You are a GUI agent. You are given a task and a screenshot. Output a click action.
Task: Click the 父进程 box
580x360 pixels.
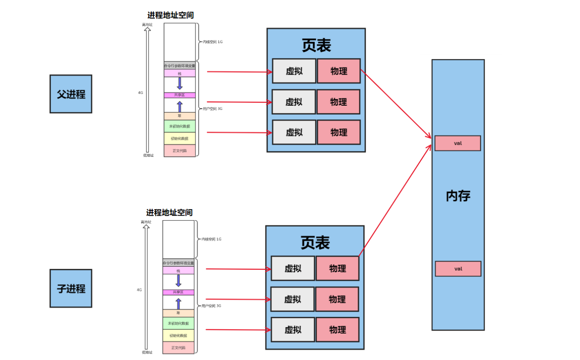[x=71, y=94]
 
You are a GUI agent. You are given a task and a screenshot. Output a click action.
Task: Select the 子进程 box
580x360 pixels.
[x=71, y=288]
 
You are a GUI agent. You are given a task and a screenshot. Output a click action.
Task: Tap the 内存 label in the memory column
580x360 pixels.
[x=458, y=196]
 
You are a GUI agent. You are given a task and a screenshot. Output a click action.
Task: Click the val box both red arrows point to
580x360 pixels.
[x=458, y=143]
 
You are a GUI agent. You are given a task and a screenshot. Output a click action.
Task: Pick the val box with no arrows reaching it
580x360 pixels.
[x=458, y=269]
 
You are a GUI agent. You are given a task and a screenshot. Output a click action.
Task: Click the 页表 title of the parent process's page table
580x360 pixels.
[x=316, y=46]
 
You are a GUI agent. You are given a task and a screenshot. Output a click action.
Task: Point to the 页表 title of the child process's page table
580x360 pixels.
[x=315, y=243]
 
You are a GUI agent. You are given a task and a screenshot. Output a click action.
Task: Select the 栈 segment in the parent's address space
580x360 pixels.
[x=179, y=74]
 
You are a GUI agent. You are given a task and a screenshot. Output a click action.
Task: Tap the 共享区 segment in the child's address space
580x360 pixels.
[x=178, y=292]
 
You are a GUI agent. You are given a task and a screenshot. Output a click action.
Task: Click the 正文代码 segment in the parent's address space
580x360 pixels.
[x=179, y=151]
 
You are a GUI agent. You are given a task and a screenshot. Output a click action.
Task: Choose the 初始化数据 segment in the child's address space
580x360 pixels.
[x=178, y=335]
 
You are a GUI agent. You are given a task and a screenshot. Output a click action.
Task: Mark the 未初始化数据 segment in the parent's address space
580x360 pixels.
[x=179, y=126]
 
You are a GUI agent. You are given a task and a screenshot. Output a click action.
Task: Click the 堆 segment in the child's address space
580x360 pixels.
[x=178, y=313]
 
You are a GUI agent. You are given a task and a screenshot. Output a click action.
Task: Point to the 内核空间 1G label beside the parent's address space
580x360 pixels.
[x=213, y=42]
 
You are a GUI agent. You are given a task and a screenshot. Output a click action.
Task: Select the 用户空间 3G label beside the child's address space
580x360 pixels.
[x=211, y=306]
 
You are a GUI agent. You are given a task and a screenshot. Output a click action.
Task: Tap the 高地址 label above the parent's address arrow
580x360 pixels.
[x=147, y=25]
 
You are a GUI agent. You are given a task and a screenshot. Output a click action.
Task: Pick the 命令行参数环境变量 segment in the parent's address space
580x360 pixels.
[x=179, y=66]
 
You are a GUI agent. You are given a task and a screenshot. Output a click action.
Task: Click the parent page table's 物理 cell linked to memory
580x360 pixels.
[x=339, y=71]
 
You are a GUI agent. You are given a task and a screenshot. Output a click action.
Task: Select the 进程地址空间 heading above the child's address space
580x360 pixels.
[x=169, y=212]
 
